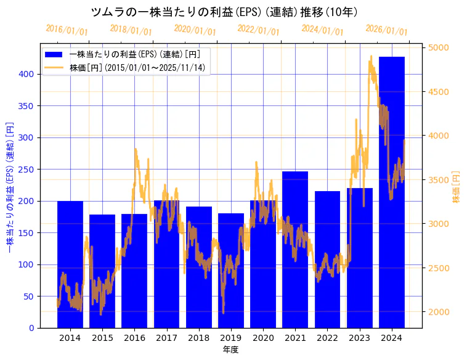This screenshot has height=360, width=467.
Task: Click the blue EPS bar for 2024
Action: pyautogui.click(x=392, y=192)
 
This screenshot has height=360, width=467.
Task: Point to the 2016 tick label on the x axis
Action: pyautogui.click(x=134, y=337)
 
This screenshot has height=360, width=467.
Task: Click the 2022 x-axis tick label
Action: pyautogui.click(x=327, y=337)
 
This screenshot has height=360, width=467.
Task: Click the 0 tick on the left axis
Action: pyautogui.click(x=31, y=328)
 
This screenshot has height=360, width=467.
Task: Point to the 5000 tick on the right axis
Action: pyautogui.click(x=439, y=47)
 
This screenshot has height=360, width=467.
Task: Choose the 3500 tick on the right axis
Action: pyautogui.click(x=439, y=180)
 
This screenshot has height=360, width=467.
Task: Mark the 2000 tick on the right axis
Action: pyautogui.click(x=439, y=312)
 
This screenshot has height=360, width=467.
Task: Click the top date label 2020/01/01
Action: pyautogui.click(x=195, y=30)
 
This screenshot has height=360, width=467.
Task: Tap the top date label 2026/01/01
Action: pyautogui.click(x=386, y=30)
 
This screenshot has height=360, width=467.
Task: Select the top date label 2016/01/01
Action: pyautogui.click(x=67, y=30)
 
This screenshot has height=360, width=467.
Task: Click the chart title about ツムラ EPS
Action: pyautogui.click(x=224, y=12)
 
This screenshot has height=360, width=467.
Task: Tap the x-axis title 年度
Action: pyautogui.click(x=230, y=349)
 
